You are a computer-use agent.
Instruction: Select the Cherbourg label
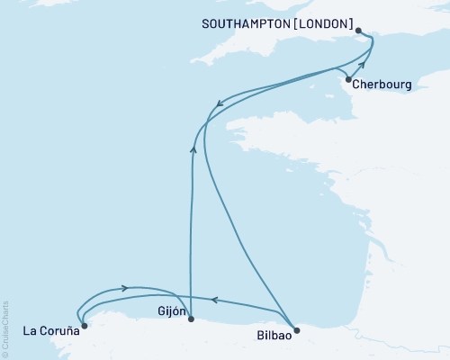point(382,85)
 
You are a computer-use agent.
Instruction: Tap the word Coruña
point(57,330)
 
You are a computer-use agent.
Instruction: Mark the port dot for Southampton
point(359,31)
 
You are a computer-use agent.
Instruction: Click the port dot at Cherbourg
point(347,79)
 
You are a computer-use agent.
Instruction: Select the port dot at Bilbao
point(297,329)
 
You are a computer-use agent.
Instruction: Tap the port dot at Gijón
point(190,319)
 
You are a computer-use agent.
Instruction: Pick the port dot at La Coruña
point(84,326)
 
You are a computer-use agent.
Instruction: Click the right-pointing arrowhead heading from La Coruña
point(123,288)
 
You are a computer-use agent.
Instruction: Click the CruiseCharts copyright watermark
point(5,328)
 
